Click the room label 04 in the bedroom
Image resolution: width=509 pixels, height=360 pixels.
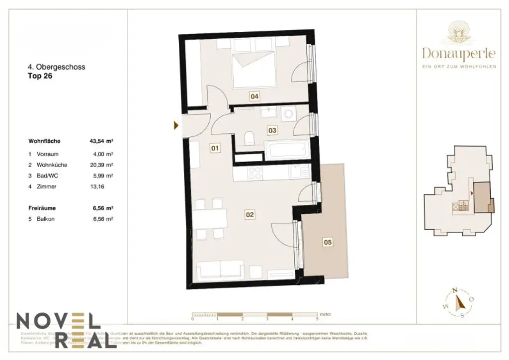[254, 96]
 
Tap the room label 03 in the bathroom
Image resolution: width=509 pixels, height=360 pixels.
[272, 130]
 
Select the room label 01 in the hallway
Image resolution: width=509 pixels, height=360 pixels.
[215, 148]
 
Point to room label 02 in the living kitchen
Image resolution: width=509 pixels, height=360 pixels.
[250, 215]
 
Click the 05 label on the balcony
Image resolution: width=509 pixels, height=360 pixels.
[327, 243]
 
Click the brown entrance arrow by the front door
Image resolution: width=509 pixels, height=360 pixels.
[176, 125]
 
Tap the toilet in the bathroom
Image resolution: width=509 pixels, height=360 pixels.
[250, 138]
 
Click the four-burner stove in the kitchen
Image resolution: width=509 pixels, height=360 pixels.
[255, 173]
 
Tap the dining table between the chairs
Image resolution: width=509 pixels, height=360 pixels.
[210, 218]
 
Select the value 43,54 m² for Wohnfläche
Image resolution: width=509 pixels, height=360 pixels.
[101, 141]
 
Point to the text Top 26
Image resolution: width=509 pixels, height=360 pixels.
[40, 77]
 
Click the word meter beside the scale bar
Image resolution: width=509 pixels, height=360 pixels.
[326, 315]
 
